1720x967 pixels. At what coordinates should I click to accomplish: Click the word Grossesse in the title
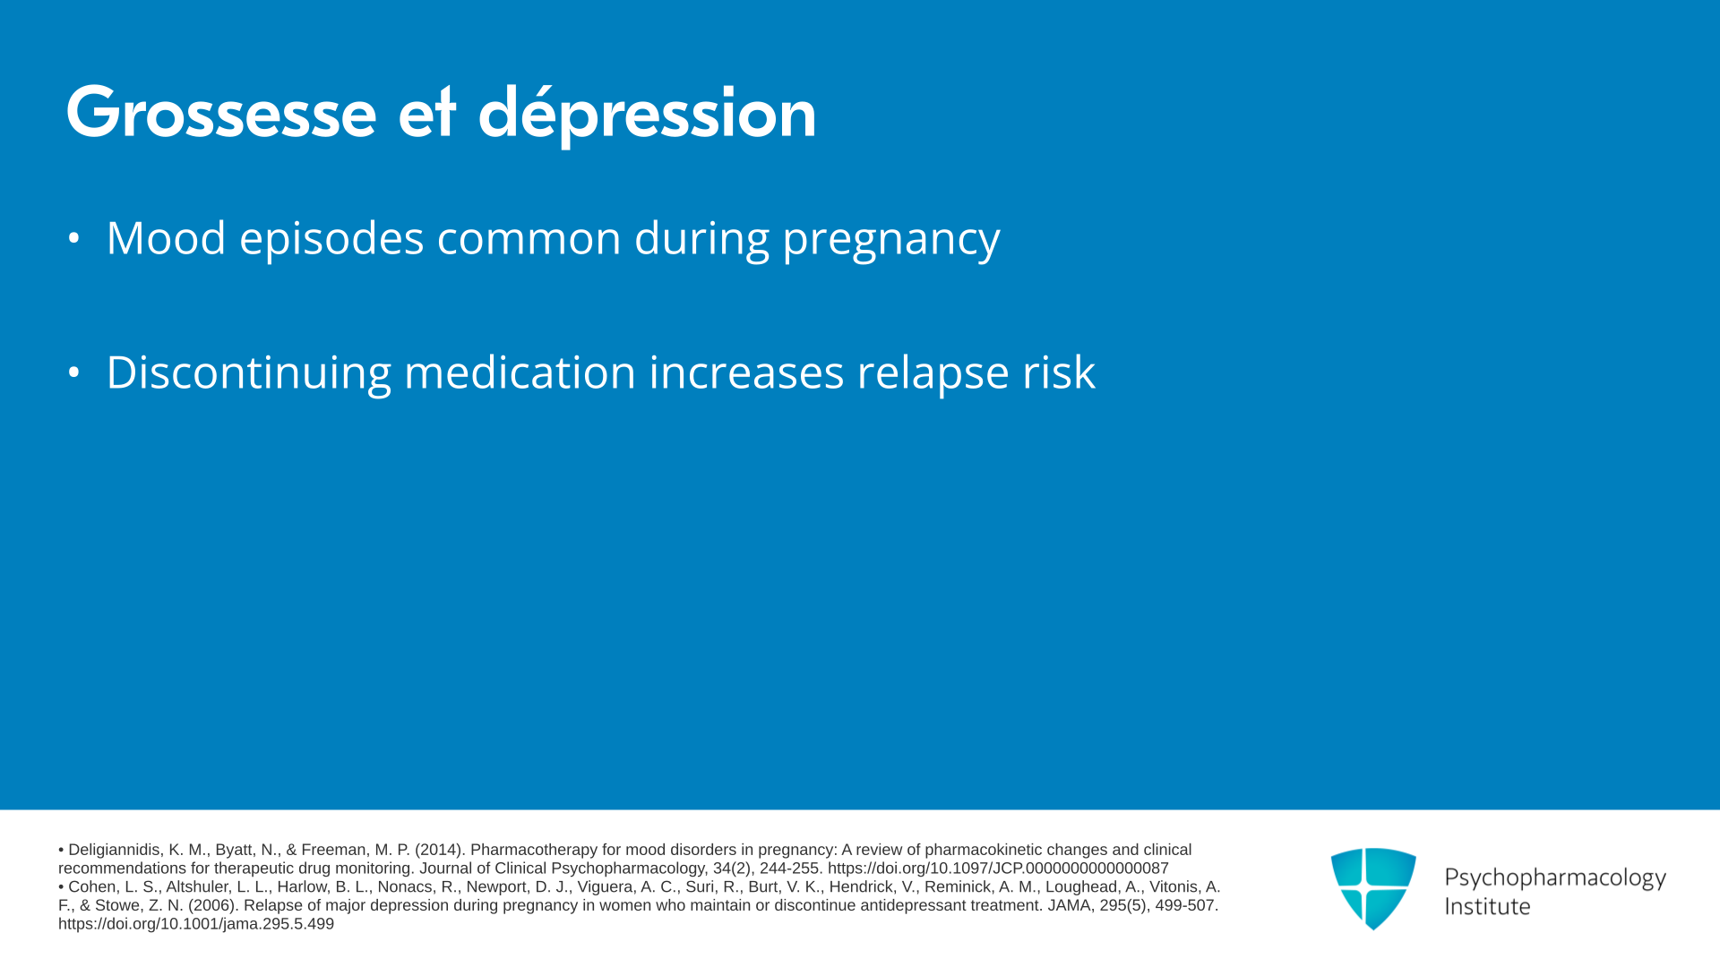(x=221, y=113)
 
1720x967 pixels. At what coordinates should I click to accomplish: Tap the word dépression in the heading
(x=647, y=115)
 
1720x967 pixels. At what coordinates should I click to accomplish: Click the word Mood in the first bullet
(x=166, y=238)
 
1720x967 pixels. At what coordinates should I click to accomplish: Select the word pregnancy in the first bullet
(x=891, y=240)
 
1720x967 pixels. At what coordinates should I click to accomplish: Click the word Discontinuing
(x=249, y=372)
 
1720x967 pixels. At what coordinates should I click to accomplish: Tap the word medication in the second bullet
(x=520, y=372)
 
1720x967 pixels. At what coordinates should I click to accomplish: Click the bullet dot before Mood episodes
(x=74, y=238)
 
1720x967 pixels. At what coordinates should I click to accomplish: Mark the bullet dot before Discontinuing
(x=74, y=372)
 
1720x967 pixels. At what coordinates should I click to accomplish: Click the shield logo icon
(x=1373, y=888)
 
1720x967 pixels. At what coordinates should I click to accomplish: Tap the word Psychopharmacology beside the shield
(x=1555, y=878)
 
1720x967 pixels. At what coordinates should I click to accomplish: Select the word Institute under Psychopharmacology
(x=1487, y=906)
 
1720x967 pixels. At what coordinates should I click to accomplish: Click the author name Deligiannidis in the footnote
(x=115, y=850)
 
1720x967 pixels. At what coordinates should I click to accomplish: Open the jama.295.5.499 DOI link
(x=196, y=924)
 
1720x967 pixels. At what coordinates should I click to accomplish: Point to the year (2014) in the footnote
(x=439, y=850)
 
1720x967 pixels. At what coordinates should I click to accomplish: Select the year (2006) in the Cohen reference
(x=212, y=905)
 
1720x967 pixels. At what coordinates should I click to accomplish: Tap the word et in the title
(x=427, y=115)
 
